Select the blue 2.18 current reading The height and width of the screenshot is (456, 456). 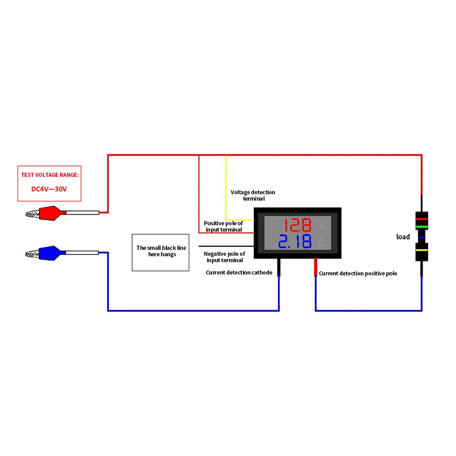tap(295, 241)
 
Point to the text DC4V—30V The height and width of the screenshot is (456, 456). tap(49, 189)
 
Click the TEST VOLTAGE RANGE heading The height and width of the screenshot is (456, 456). tap(50, 175)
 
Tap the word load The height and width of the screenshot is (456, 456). tap(403, 237)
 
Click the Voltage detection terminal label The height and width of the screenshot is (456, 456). tap(253, 196)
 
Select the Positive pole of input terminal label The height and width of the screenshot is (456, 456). tap(223, 226)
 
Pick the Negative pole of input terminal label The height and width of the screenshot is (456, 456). tap(224, 257)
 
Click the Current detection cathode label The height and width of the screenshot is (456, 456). tap(239, 273)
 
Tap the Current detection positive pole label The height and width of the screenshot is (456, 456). tap(358, 273)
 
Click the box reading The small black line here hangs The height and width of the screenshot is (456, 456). tap(161, 253)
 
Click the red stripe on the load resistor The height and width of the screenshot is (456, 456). tap(422, 219)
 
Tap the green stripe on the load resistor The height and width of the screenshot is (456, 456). tap(422, 227)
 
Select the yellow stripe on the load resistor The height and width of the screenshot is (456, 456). tap(422, 250)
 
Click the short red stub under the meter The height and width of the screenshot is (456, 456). tap(316, 267)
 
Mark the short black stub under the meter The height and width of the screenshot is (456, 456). tap(279, 267)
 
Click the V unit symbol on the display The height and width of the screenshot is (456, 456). tap(321, 224)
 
